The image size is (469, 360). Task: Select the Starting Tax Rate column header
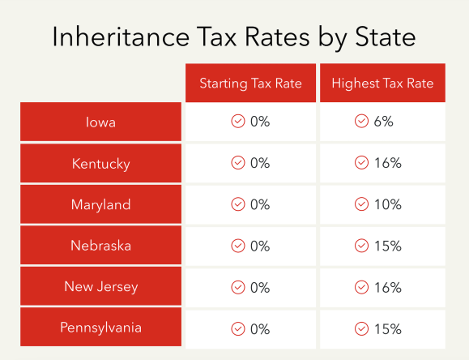click(249, 84)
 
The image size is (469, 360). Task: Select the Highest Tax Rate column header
click(382, 84)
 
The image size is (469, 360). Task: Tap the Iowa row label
click(100, 122)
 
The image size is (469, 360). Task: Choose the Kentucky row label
click(100, 164)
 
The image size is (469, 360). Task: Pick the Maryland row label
click(100, 204)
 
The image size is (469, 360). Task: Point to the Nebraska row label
click(100, 246)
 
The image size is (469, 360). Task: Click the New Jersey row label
click(100, 287)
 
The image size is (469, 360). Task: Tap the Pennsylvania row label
click(100, 328)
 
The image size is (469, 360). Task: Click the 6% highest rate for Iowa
click(384, 122)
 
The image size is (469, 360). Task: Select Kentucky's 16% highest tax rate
click(388, 164)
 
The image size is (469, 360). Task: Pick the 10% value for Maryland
click(388, 204)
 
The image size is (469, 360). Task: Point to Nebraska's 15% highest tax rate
click(388, 246)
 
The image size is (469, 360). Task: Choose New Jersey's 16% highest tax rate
click(388, 287)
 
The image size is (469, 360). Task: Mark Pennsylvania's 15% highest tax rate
click(388, 328)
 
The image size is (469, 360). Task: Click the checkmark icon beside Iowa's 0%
click(238, 122)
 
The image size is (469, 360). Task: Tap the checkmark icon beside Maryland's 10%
click(361, 204)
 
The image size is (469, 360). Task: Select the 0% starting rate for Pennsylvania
click(260, 328)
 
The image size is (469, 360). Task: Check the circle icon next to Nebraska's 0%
click(238, 246)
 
